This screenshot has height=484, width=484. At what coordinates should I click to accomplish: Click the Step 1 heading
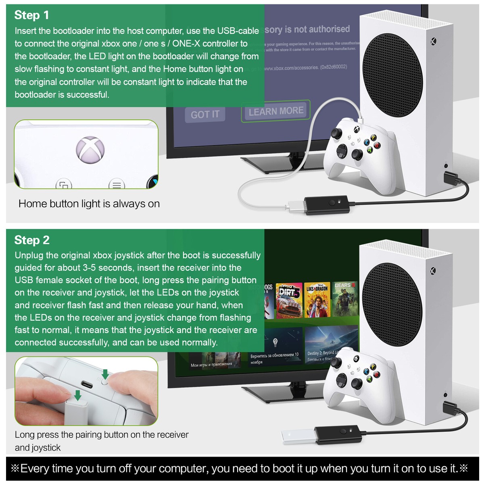(31, 15)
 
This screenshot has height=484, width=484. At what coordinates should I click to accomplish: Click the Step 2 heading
(32, 240)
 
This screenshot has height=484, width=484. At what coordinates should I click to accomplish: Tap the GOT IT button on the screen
(205, 115)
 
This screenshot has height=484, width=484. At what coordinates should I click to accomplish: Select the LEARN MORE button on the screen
(276, 111)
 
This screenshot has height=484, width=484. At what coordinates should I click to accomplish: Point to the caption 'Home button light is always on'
(89, 204)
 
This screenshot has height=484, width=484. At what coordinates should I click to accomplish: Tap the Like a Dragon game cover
(317, 300)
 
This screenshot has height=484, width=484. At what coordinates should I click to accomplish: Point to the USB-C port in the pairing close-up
(87, 384)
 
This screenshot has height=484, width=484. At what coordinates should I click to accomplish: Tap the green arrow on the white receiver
(78, 395)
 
